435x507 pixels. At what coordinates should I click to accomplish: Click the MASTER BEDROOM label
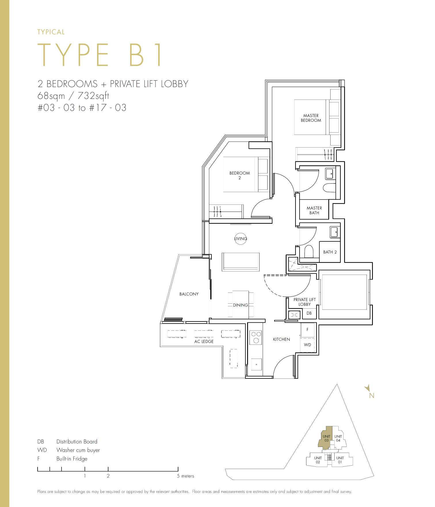(311, 118)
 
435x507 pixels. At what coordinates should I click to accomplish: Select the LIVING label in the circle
(241, 239)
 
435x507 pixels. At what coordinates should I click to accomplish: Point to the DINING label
(241, 305)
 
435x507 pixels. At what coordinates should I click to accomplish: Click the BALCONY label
(189, 294)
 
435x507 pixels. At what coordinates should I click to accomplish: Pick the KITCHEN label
(281, 339)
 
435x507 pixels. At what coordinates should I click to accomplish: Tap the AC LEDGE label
(204, 341)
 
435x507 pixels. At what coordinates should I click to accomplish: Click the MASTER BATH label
(314, 210)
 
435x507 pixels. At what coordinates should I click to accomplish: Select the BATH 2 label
(330, 252)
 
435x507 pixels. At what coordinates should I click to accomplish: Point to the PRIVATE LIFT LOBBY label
(304, 302)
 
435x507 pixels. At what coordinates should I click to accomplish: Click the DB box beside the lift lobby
(309, 313)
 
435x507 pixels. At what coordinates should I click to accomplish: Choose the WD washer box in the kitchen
(308, 345)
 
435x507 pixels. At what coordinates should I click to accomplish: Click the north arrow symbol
(367, 389)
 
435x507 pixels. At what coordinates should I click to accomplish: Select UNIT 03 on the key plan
(326, 438)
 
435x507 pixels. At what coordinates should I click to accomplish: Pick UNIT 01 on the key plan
(340, 460)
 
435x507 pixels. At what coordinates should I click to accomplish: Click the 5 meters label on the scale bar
(186, 476)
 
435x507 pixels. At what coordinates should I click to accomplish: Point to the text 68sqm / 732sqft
(73, 95)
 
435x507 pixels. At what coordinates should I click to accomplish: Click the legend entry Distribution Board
(77, 441)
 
